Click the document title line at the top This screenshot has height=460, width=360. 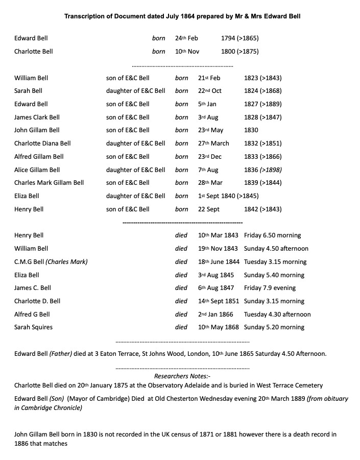click(182, 16)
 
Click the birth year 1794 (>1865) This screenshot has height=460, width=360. click(243, 38)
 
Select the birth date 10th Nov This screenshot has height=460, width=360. click(187, 52)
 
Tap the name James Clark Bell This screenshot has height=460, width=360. click(37, 117)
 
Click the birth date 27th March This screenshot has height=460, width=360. click(213, 143)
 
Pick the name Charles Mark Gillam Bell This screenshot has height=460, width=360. click(49, 183)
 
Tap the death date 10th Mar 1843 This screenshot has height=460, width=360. click(218, 235)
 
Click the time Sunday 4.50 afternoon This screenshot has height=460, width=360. click(276, 249)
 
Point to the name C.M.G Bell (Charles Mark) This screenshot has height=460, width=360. click(51, 262)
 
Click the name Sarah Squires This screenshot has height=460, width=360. click(33, 327)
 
